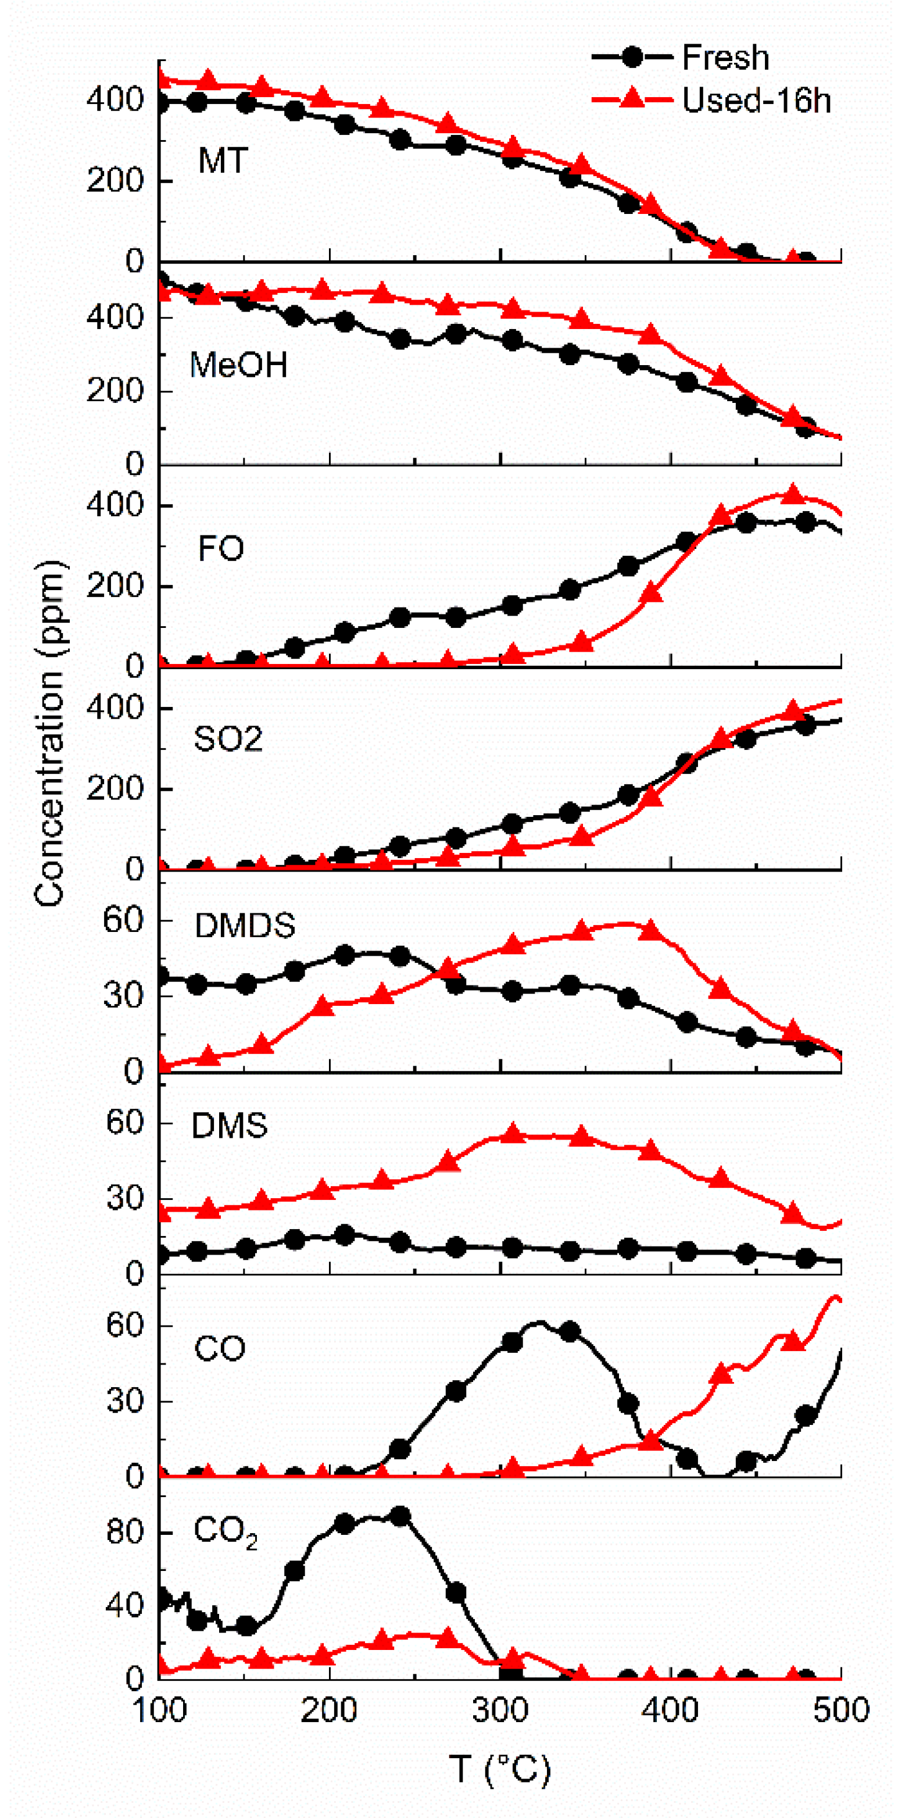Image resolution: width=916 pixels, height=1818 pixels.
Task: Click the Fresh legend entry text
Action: [x=725, y=58]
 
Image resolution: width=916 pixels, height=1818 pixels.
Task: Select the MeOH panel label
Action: [x=238, y=366]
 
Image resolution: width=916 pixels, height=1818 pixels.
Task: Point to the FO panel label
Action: [x=221, y=548]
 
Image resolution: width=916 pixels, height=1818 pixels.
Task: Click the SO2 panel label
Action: [x=228, y=739]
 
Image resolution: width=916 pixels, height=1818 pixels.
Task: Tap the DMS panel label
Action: [x=230, y=1126]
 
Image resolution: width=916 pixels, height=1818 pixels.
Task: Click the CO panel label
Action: [x=220, y=1349]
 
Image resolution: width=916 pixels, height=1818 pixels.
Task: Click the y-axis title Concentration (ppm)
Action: [x=49, y=733]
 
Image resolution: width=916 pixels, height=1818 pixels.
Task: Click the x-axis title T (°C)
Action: [x=499, y=1769]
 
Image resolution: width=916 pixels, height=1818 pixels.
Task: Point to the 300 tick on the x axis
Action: [x=500, y=1710]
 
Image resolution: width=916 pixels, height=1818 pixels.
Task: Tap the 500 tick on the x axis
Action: [x=840, y=1710]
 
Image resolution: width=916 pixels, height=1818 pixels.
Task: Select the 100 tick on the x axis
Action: [x=160, y=1710]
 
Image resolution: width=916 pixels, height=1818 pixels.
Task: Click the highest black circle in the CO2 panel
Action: [x=400, y=1516]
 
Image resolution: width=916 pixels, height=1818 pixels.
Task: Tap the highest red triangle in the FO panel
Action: [x=793, y=494]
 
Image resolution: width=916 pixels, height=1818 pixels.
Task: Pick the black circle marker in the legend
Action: [x=632, y=57]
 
